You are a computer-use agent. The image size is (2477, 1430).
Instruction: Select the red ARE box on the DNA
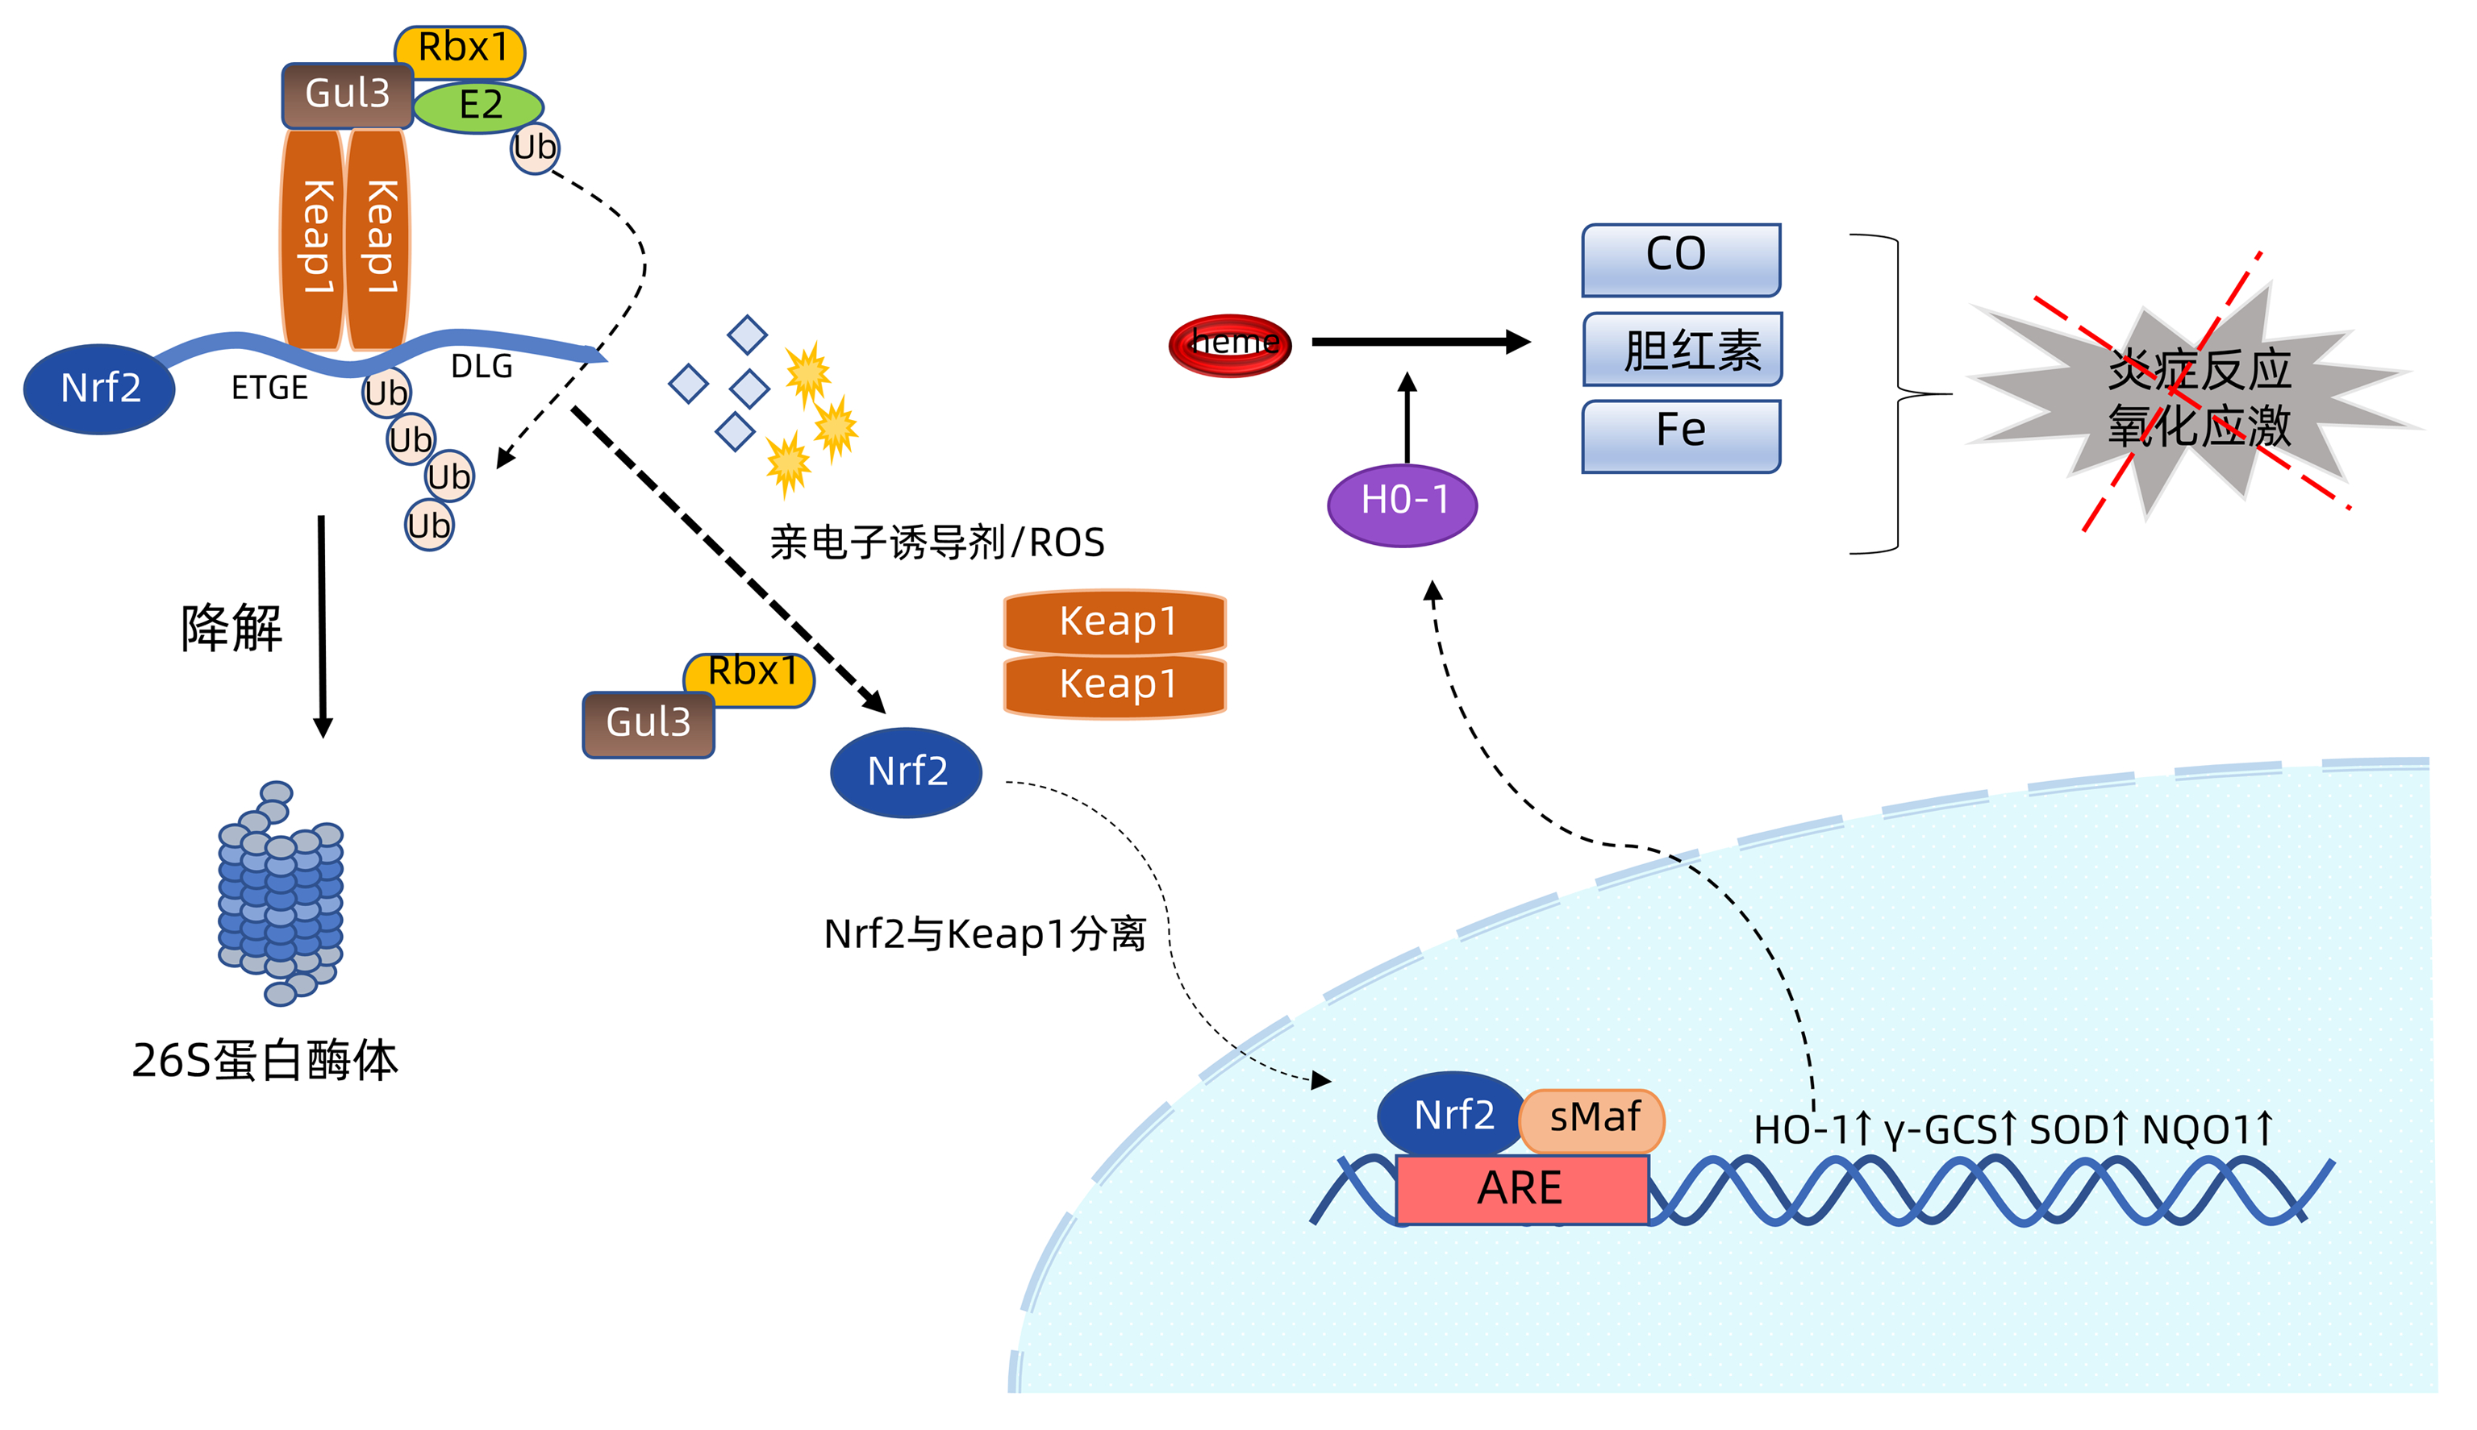pyautogui.click(x=1521, y=1188)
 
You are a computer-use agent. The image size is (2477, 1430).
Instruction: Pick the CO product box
pyautogui.click(x=1680, y=257)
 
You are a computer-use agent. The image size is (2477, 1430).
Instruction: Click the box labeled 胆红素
pyautogui.click(x=1683, y=349)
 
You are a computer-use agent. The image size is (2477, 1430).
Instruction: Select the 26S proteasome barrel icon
pyautogui.click(x=280, y=894)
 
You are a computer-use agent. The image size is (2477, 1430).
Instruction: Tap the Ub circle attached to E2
pyautogui.click(x=535, y=149)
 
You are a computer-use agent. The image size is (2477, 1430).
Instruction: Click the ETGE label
pyautogui.click(x=269, y=389)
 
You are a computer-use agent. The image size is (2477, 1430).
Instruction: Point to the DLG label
pyautogui.click(x=482, y=366)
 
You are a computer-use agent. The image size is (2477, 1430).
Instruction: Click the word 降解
pyautogui.click(x=231, y=629)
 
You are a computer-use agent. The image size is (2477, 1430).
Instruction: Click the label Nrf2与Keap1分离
pyautogui.click(x=985, y=934)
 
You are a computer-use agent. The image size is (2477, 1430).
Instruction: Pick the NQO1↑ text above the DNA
pyautogui.click(x=2207, y=1129)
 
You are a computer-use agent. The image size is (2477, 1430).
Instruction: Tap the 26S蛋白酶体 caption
pyautogui.click(x=265, y=1061)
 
